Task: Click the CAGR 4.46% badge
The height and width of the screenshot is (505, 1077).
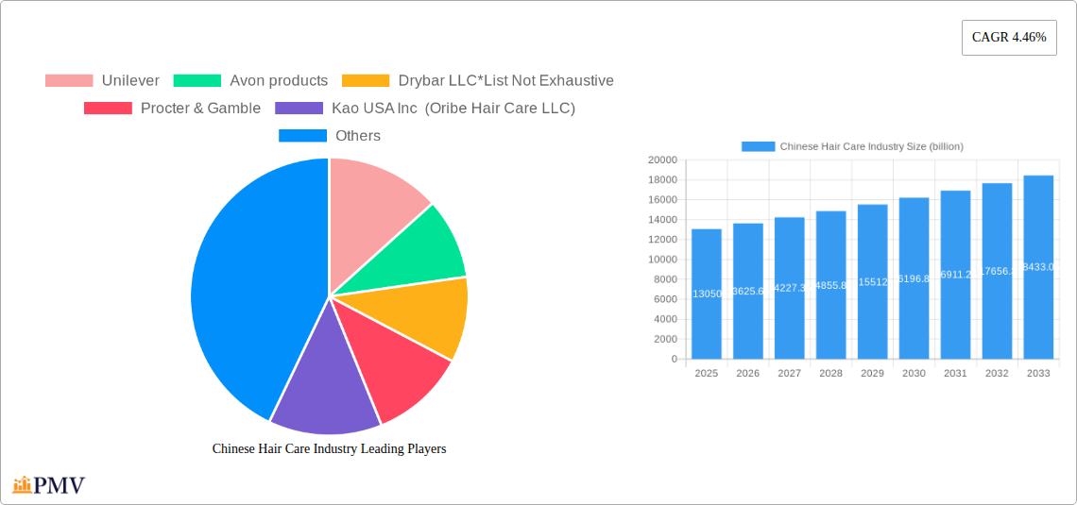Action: [x=1008, y=38]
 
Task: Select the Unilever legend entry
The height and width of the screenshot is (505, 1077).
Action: [x=102, y=81]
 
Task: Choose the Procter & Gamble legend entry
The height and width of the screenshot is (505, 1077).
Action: [x=172, y=109]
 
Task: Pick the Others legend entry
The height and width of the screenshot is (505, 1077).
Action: [x=330, y=136]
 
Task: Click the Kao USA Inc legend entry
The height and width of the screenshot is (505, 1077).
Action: [x=424, y=109]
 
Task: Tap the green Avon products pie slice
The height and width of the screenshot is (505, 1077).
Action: [x=420, y=255]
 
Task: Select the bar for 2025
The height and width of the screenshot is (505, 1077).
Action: [x=707, y=294]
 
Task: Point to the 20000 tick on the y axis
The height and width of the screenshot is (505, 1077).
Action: [x=661, y=160]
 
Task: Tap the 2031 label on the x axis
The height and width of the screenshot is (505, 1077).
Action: [x=955, y=374]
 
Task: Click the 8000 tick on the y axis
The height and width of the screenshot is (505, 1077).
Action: [x=664, y=279]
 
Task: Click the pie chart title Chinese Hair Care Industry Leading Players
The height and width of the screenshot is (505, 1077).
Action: [x=329, y=449]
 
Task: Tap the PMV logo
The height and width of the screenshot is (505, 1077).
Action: [x=49, y=486]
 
